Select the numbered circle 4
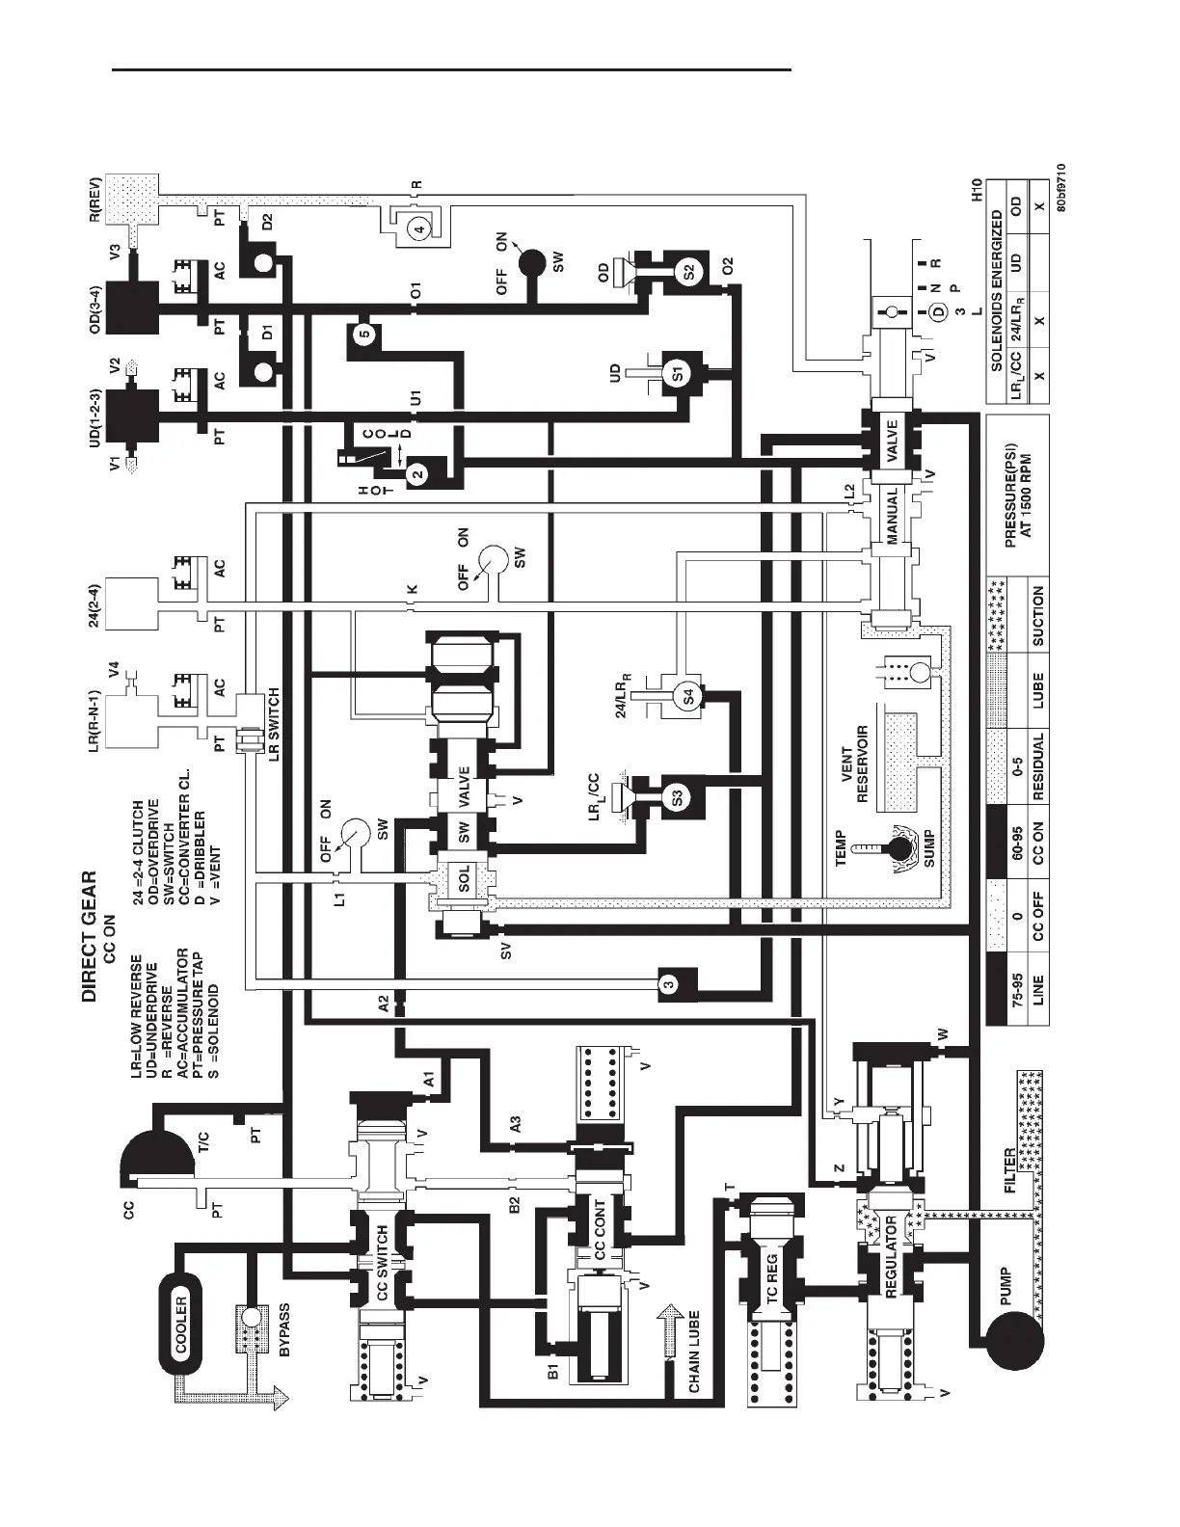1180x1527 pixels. tap(416, 228)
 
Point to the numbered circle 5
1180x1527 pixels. tap(363, 335)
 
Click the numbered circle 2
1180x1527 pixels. tap(416, 473)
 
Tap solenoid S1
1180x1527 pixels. tap(678, 373)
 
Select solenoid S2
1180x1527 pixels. tap(688, 272)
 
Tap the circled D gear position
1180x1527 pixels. tap(931, 312)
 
